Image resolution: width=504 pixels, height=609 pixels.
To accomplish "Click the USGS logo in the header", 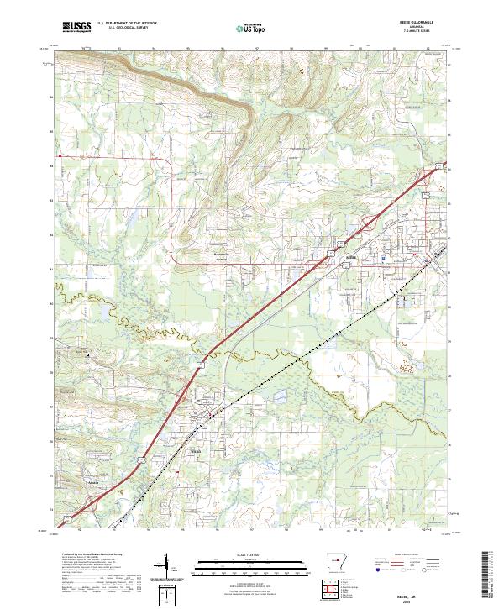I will [x=76, y=27].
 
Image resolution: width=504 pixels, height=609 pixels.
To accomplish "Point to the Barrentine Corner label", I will [x=221, y=255].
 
